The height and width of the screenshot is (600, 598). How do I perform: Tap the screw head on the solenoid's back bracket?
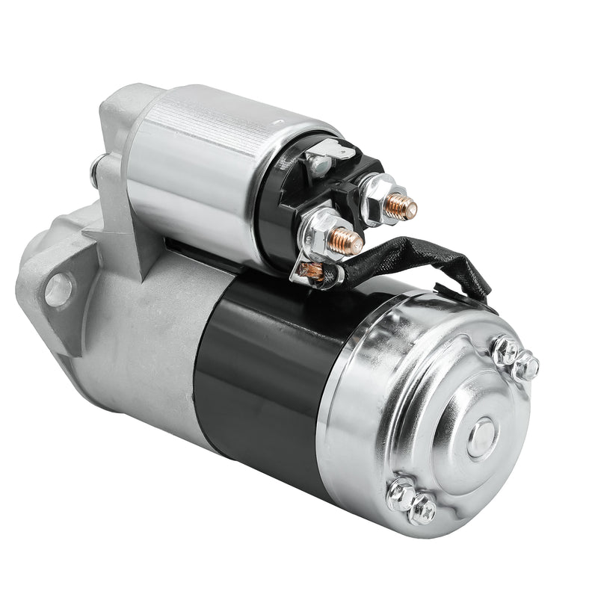pos(95,171)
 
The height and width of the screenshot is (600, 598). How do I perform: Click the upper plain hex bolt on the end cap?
pos(528,366)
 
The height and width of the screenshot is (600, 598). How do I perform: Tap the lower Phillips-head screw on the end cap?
pos(401,492)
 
